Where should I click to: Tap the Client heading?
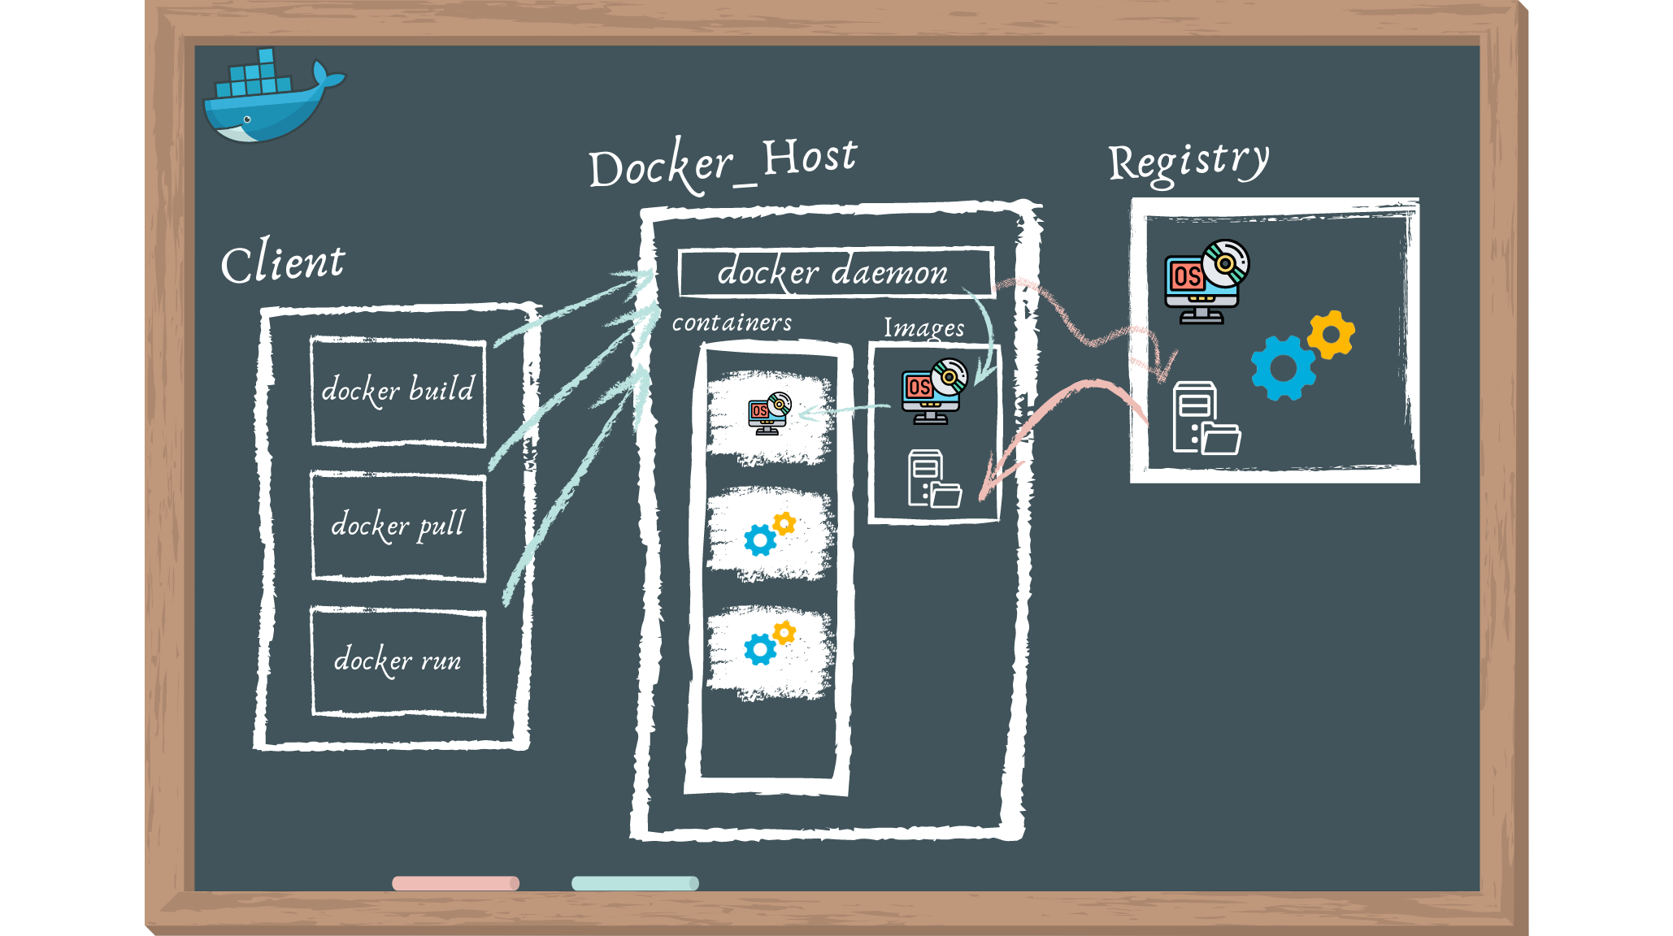pos(283,262)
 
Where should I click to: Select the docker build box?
pos(398,391)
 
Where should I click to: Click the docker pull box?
pos(398,526)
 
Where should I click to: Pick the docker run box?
pos(398,661)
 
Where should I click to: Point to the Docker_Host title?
pos(722,162)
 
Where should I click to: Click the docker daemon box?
pos(835,272)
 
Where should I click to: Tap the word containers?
pos(732,323)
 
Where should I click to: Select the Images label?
pos(924,327)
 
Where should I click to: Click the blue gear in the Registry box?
pos(1283,368)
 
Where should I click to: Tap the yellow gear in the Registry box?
pos(1332,334)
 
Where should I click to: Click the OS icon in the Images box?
pos(934,391)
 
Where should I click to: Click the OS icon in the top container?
pos(769,414)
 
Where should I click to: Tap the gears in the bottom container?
pos(769,643)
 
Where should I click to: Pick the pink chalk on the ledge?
pos(455,883)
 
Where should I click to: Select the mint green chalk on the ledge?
pos(635,883)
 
